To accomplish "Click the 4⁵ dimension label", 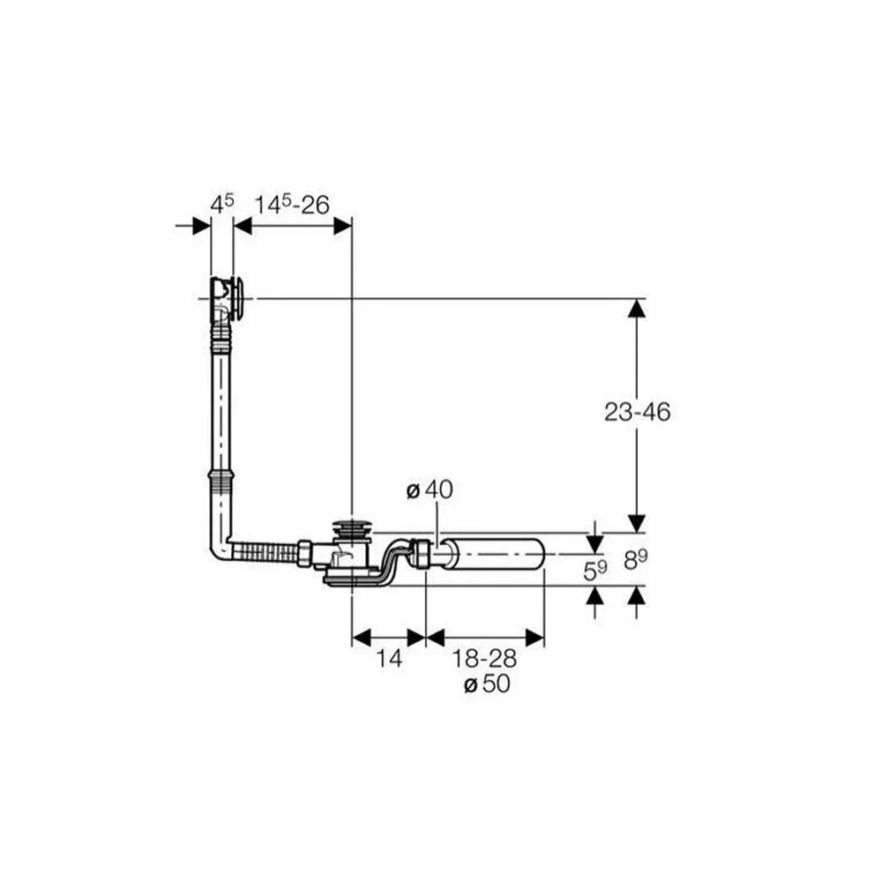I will [222, 204].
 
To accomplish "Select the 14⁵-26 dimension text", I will [292, 205].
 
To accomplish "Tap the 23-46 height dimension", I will [638, 412].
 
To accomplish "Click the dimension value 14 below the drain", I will [388, 658].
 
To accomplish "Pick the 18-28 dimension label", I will [484, 658].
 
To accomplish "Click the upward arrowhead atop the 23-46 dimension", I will [637, 308].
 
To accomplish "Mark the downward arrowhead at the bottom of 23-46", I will [637, 523].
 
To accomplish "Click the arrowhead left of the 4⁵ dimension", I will [203, 226].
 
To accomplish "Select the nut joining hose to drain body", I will [304, 554].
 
